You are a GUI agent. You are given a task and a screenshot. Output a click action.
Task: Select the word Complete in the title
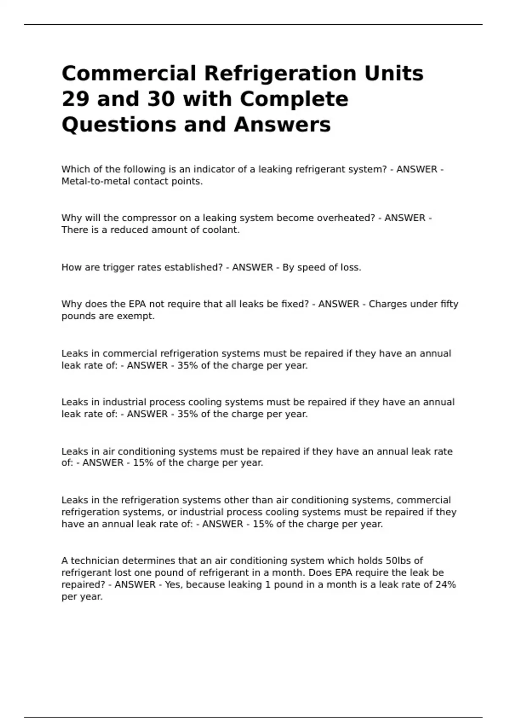point(294,99)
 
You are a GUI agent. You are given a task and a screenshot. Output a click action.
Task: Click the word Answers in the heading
point(282,125)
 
